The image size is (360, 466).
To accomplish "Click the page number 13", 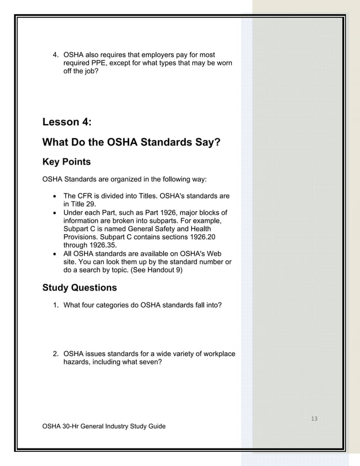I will pos(314,418).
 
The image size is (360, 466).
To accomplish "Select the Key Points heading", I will pos(66,162).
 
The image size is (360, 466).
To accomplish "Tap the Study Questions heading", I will pos(80,288).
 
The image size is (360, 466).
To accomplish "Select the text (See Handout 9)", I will pos(152,270).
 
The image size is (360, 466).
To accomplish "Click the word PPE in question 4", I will pos(102,64).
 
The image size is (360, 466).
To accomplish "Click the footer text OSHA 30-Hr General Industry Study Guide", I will pos(104,426).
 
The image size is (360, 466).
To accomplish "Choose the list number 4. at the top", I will pos(55,55).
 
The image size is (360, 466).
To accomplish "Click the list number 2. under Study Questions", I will pos(55,354).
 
